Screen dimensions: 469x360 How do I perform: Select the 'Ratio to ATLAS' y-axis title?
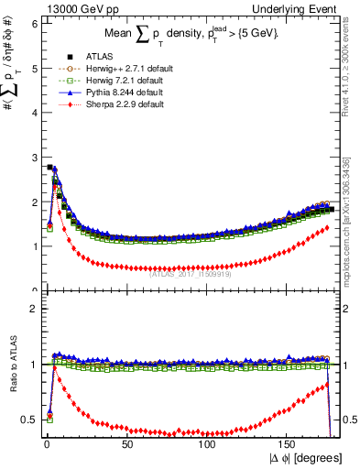11,365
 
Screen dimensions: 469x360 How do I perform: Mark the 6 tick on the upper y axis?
33,23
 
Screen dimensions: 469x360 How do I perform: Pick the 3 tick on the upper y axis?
33,158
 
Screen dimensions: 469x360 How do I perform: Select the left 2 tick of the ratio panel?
33,309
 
